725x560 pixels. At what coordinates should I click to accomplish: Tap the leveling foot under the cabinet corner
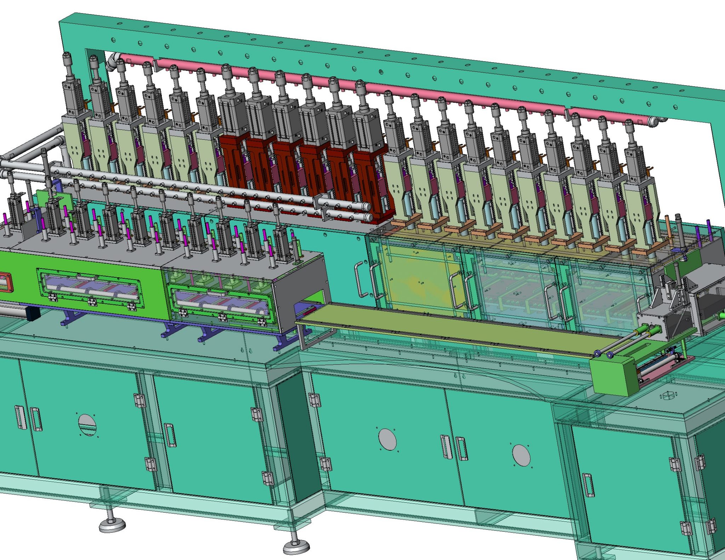[296, 548]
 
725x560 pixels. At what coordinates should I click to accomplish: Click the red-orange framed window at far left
[4, 282]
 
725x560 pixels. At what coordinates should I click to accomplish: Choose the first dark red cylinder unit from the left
[233, 163]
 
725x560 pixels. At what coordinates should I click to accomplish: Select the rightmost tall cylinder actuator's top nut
[629, 124]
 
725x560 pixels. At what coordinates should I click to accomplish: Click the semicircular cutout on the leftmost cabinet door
[87, 425]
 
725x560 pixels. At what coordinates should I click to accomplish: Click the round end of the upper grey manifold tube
[367, 207]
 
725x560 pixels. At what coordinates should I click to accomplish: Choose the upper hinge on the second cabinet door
[257, 414]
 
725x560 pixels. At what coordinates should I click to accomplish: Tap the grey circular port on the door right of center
[521, 455]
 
